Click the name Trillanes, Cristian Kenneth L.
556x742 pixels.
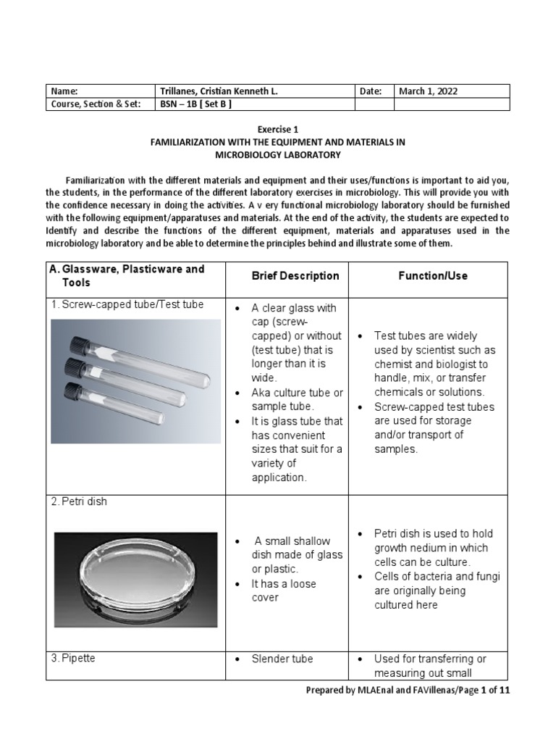(x=219, y=91)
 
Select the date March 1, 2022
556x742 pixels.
(x=428, y=91)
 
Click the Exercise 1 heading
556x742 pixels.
(x=278, y=130)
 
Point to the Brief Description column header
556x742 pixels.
(x=295, y=275)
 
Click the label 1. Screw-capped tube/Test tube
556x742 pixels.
(x=127, y=304)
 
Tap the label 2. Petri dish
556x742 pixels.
(x=79, y=501)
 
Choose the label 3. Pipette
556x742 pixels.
(x=74, y=659)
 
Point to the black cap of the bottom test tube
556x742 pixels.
(x=73, y=392)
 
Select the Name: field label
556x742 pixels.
(x=64, y=91)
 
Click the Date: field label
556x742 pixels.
(x=370, y=91)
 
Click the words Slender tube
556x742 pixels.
(x=282, y=659)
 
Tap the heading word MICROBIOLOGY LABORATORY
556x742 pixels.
(x=278, y=155)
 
